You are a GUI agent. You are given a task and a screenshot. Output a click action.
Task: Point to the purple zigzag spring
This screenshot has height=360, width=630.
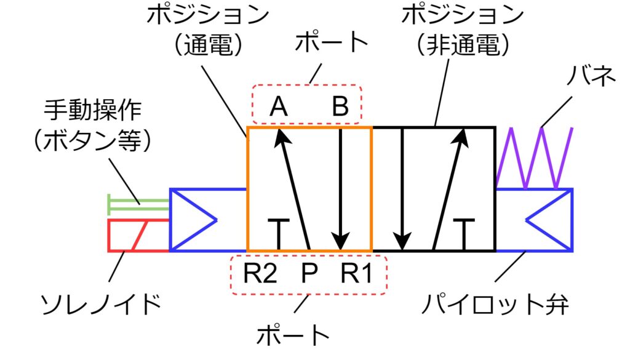[534, 158]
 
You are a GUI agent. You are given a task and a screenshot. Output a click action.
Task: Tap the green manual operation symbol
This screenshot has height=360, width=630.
[137, 202]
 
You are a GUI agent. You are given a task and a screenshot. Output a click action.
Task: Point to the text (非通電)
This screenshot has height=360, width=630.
[462, 45]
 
